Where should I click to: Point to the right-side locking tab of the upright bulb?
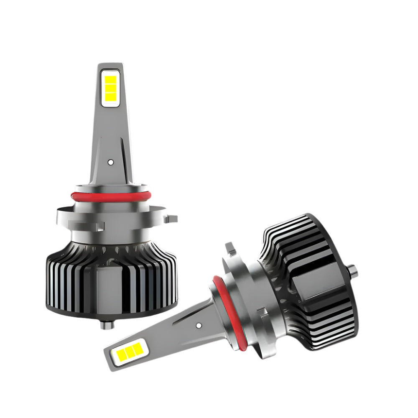(x=171, y=218)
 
